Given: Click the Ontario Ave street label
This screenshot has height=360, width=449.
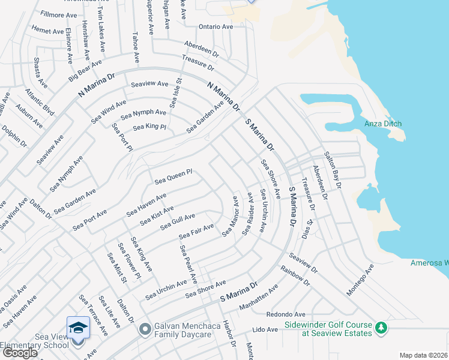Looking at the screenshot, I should (x=216, y=27).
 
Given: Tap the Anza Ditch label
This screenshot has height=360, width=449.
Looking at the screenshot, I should (x=383, y=124).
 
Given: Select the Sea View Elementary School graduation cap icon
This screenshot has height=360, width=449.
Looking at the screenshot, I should (x=78, y=327).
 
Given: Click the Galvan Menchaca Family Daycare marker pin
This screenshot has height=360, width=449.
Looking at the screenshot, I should (x=145, y=329).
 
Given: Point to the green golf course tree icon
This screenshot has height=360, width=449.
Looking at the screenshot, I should (x=380, y=328).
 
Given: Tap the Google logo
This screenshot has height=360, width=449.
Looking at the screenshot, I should (x=20, y=353).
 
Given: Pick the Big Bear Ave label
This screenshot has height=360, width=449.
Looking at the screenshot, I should (x=85, y=70).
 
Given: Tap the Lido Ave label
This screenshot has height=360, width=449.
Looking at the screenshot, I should (x=265, y=329).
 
